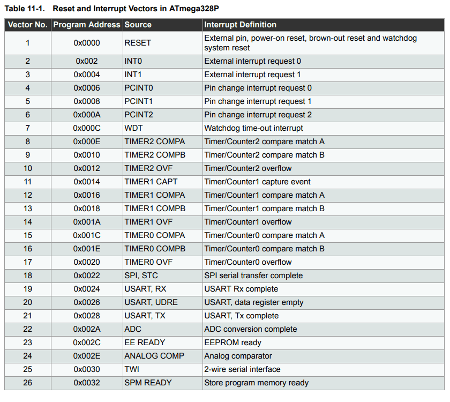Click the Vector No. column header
pos(27,25)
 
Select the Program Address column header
pos(87,25)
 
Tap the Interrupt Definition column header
pos(240,25)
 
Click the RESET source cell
pos(138,43)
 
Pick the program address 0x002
pos(87,61)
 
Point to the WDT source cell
pos(133,128)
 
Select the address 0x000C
pos(87,128)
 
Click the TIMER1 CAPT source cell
pos(151,182)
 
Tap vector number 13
pos(27,209)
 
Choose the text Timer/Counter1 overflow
pos(248,222)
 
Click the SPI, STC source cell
pos(141,276)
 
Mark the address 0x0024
pos(87,289)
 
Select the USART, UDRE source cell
pos(151,302)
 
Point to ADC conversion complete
pos(251,329)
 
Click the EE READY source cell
pos(145,343)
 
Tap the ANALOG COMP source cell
pos(154,356)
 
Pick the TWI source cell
pos(132,369)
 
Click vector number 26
pos(27,383)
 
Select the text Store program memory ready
pos(256,383)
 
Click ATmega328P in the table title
pos(194,9)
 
